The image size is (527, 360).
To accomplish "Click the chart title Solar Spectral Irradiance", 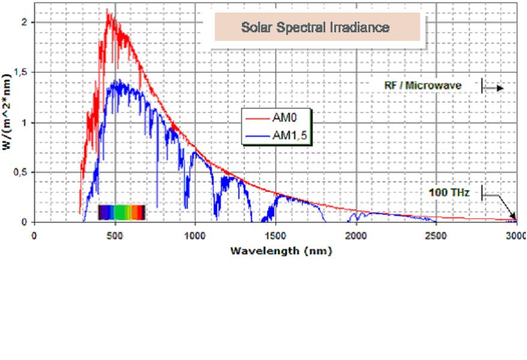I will pos(315,28).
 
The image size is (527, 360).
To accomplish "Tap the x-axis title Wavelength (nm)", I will pos(281,250).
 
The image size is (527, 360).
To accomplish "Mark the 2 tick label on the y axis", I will pos(23,22).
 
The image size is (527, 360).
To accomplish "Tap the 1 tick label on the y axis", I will pos(23,122).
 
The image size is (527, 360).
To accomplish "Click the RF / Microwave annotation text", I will pos(423,85).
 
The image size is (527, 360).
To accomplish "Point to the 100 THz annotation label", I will pos(449,193).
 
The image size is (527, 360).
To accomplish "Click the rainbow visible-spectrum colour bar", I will pos(121,212).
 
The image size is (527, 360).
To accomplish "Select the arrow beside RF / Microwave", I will pos(493,88).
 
